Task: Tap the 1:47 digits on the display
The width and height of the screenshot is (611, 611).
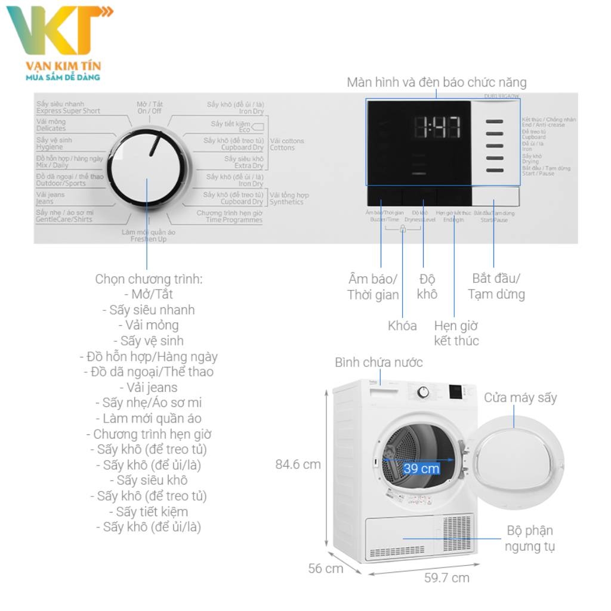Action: [437, 127]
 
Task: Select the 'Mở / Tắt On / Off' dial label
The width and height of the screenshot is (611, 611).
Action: [149, 107]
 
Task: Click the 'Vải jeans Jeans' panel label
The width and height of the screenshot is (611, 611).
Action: [51, 198]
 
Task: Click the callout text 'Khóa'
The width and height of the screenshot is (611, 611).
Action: [402, 326]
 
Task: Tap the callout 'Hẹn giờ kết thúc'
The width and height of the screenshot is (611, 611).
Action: [456, 334]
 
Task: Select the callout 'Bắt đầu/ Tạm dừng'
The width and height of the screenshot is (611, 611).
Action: [496, 286]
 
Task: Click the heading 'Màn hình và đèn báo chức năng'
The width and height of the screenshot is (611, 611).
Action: [437, 82]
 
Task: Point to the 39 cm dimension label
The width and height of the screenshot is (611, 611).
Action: [421, 468]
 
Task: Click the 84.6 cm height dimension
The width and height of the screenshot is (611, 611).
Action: [298, 464]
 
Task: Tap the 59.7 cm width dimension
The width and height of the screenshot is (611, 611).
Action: [447, 578]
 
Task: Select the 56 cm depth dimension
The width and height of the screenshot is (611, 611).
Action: [326, 568]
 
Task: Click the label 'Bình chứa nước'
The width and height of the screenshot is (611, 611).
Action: [378, 363]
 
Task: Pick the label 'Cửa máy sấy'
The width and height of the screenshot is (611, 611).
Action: [520, 397]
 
